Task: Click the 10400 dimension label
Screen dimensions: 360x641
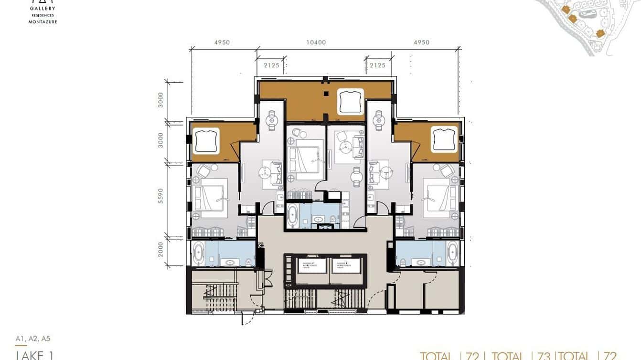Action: (316, 42)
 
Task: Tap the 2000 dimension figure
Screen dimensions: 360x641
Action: (161, 249)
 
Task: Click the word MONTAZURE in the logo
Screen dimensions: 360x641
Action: (43, 22)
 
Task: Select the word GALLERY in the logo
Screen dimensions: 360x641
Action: (43, 8)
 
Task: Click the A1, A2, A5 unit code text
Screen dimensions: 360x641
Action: (32, 339)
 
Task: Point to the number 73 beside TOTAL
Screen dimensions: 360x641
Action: (544, 356)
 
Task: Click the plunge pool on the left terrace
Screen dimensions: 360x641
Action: (206, 141)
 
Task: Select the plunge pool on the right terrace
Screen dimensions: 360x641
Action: (444, 139)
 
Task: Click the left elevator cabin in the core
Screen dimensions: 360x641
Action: (310, 266)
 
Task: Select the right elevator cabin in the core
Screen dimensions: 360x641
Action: (346, 266)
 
